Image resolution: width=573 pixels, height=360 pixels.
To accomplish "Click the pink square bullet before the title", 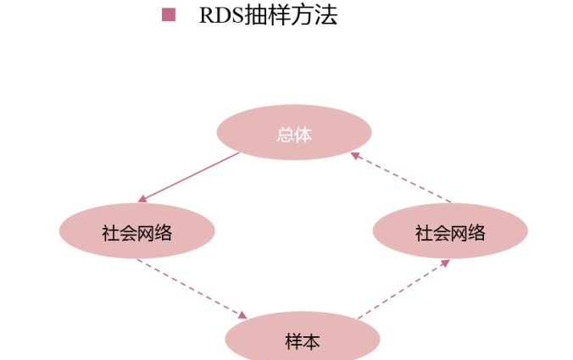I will (168, 14).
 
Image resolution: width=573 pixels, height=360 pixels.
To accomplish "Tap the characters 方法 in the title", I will (314, 15).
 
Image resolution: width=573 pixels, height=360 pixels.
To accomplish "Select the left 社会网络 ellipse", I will (136, 230).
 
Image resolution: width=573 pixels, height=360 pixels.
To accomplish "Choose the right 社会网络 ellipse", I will (450, 230).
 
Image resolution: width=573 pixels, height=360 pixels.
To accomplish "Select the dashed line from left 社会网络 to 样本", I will (190, 288).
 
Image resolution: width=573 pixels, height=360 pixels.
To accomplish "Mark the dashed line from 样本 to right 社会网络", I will (400, 291).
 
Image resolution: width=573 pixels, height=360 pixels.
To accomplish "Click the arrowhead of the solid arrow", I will (142, 199).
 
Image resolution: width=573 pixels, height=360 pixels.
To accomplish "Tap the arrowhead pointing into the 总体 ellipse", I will (356, 155).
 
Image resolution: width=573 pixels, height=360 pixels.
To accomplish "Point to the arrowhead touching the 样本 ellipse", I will (242, 315).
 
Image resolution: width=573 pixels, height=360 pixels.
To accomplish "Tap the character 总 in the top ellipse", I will (285, 134).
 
